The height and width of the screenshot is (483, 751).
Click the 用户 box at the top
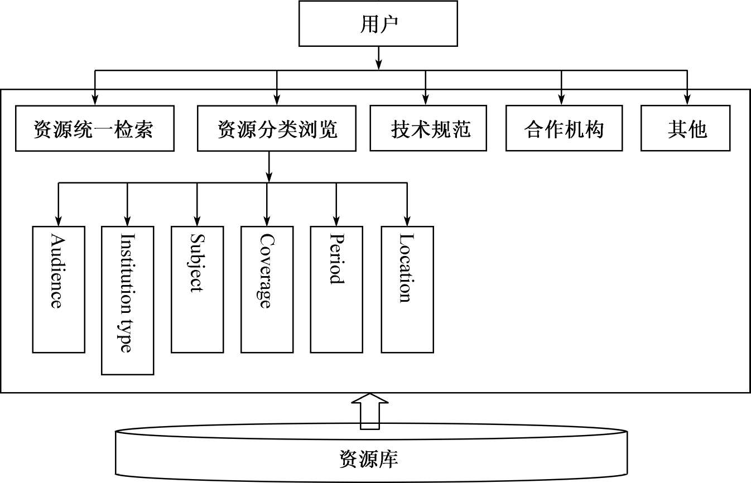(x=378, y=23)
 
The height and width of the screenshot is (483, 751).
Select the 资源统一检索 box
(x=94, y=128)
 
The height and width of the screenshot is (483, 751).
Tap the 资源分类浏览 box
(x=277, y=128)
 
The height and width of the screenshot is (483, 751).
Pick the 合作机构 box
(x=564, y=128)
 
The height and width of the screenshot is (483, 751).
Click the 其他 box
(x=686, y=128)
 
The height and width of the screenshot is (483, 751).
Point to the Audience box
(x=59, y=289)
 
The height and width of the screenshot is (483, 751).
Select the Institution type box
(x=127, y=300)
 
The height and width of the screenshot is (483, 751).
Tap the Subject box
(x=197, y=289)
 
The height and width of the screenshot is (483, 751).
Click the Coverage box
(x=267, y=289)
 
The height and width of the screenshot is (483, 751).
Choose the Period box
(x=336, y=289)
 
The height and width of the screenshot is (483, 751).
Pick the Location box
(x=407, y=289)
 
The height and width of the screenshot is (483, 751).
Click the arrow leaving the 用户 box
(x=379, y=57)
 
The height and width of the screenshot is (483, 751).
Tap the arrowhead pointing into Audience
(x=58, y=221)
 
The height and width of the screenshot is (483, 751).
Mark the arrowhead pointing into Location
(x=407, y=221)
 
